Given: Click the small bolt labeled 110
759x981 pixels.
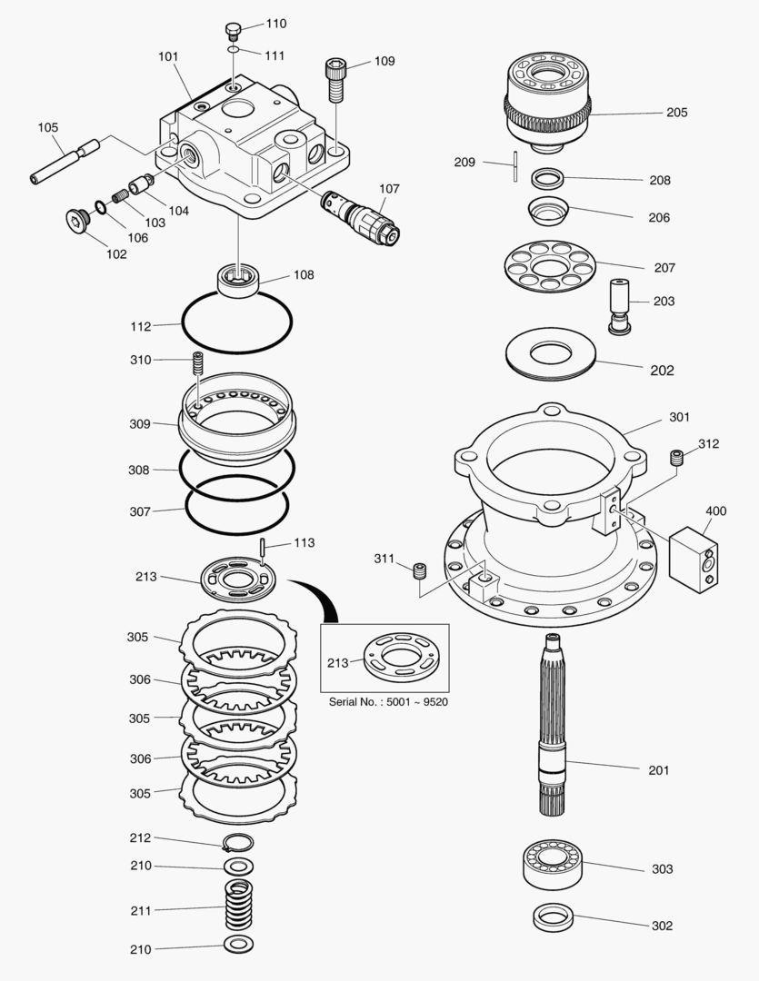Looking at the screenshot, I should [x=232, y=30].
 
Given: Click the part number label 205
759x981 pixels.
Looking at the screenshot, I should [x=676, y=113].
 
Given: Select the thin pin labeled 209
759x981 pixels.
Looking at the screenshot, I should [x=515, y=166].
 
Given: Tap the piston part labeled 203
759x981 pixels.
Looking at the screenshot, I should [x=622, y=304].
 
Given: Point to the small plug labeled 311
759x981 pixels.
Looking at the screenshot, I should [x=419, y=571].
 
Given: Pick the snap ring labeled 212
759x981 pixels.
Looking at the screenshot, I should [x=239, y=843].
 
